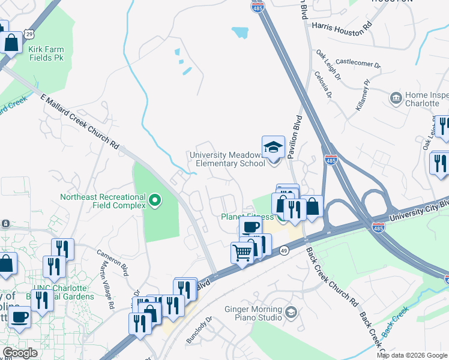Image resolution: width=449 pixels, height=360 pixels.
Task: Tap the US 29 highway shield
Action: [x=29, y=34]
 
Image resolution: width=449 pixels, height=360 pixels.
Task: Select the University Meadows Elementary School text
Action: [x=227, y=159]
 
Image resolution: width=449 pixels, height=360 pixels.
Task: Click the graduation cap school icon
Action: [x=273, y=146]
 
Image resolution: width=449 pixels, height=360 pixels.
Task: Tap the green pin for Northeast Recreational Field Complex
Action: [x=155, y=200]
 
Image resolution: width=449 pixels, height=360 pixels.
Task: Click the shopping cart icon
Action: [x=243, y=253]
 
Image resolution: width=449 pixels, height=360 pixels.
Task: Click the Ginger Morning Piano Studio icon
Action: [x=291, y=311]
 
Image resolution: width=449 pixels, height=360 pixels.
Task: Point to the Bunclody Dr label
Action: [x=199, y=329]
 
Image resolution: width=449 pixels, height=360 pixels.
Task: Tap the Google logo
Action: [x=20, y=353]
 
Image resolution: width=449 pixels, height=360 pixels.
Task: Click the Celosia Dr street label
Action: [x=322, y=85]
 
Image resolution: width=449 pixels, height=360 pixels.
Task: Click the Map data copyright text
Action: [x=412, y=355]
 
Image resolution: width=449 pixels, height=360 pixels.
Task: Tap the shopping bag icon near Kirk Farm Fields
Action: [x=12, y=43]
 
